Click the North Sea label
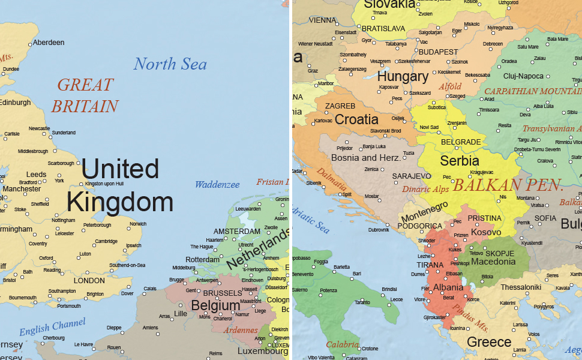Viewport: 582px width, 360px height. (x=170, y=64)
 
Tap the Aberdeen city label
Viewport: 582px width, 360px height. (x=49, y=43)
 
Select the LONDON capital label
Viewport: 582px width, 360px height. (x=89, y=280)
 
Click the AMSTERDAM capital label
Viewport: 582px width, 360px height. (x=237, y=232)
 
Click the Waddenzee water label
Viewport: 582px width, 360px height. (x=217, y=185)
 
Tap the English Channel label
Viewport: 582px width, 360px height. (x=52, y=328)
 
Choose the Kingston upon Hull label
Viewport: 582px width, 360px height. (x=104, y=184)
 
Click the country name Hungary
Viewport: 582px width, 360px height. (x=403, y=77)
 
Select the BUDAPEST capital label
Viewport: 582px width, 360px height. (x=438, y=52)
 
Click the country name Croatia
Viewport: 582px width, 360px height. (x=356, y=119)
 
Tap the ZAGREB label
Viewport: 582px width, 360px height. (x=340, y=106)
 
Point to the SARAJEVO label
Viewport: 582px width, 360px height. (x=412, y=176)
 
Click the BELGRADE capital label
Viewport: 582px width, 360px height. (x=461, y=142)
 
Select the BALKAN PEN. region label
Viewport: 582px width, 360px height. (x=508, y=185)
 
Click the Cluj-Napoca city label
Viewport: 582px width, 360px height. (x=523, y=76)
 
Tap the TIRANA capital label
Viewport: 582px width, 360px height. (x=430, y=265)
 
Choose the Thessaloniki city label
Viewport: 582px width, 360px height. (x=521, y=287)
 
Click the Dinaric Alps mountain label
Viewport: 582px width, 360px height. (x=425, y=189)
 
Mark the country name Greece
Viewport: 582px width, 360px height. (x=489, y=342)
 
